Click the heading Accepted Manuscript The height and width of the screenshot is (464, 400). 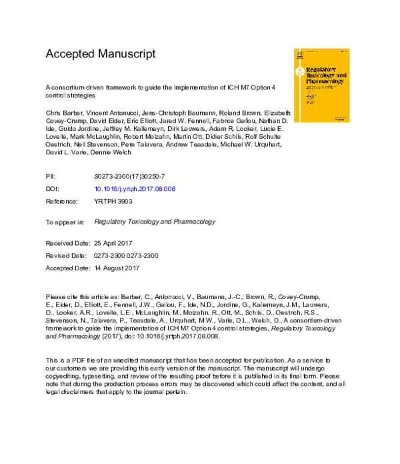[x=100, y=53]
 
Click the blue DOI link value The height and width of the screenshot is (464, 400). [x=135, y=189]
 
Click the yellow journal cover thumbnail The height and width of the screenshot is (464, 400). [x=321, y=85]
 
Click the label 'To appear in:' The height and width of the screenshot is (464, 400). [x=65, y=222]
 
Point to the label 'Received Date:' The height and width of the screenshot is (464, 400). [x=67, y=244]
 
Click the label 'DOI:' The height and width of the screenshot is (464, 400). [x=52, y=189]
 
